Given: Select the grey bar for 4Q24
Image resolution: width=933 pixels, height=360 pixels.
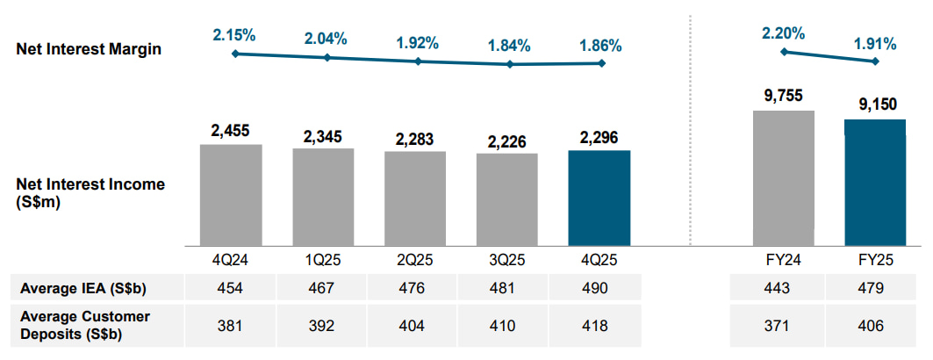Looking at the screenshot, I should tap(231, 195).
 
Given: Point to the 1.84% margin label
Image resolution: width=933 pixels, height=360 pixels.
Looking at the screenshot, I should tap(509, 46).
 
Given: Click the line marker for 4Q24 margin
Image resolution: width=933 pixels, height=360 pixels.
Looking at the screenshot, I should tap(235, 54).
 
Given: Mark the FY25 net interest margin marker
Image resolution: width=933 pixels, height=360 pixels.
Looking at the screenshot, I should tap(874, 61).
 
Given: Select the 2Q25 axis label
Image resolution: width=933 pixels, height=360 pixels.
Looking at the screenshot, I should tap(414, 262).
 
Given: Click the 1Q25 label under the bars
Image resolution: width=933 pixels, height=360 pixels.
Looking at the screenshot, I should tap(323, 262).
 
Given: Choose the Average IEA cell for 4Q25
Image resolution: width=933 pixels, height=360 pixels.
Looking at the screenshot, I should tap(599, 287).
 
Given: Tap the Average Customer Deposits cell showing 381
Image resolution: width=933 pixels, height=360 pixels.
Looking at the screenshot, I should tap(231, 325).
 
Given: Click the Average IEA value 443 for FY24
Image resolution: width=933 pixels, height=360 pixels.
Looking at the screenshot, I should tap(783, 287).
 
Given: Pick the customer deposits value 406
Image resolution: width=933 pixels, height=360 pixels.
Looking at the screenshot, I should tap(874, 325).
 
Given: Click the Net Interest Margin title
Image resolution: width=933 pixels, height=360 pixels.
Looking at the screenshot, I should tap(89, 50).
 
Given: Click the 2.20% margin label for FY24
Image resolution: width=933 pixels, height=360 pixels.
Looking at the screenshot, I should tap(783, 33).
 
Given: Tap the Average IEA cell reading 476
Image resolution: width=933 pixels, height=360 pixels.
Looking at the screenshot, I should tap(414, 287).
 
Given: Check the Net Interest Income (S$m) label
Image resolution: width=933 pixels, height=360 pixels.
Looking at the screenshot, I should tap(90, 192).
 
